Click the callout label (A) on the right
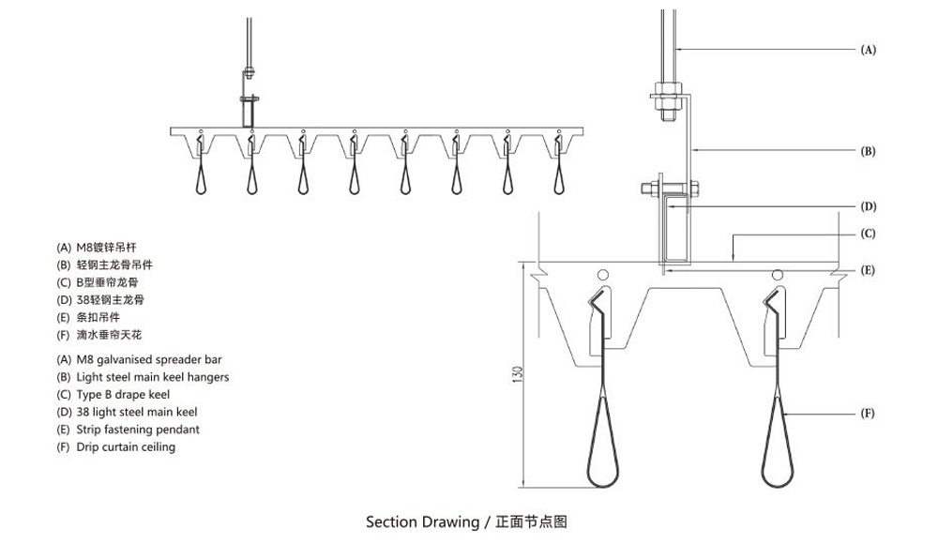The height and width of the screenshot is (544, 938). (868, 50)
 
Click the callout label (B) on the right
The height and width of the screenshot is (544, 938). (868, 150)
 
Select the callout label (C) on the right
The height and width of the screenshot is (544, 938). (868, 234)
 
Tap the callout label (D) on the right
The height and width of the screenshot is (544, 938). (868, 206)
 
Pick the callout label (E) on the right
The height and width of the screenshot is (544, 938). (868, 270)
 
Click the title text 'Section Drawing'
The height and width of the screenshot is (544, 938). (421, 521)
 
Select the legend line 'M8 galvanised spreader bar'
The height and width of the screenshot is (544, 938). (140, 359)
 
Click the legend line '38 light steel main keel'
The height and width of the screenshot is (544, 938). (127, 412)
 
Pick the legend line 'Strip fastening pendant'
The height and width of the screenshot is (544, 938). (128, 430)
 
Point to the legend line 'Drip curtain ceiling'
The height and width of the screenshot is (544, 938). (115, 447)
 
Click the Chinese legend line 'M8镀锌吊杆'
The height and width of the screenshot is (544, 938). (99, 248)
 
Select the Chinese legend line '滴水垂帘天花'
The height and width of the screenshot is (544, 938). (99, 335)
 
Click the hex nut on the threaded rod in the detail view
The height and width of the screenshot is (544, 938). (668, 95)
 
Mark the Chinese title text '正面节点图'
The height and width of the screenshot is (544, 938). (532, 521)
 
